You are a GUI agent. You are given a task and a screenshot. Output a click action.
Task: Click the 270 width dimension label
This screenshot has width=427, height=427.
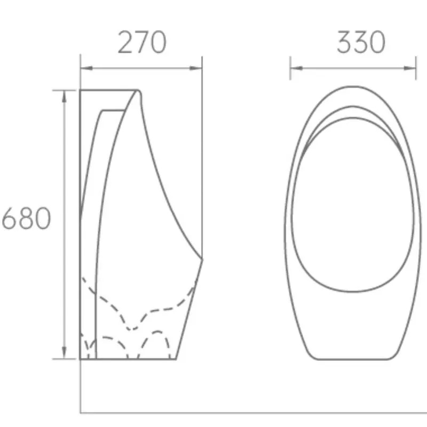point(141,43)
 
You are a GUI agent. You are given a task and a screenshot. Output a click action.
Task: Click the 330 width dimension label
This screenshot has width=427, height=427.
point(360,43)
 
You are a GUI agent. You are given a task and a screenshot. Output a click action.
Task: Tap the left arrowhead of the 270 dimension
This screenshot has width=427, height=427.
point(84,68)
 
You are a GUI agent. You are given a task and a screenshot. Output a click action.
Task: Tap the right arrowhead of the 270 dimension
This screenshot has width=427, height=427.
point(198,68)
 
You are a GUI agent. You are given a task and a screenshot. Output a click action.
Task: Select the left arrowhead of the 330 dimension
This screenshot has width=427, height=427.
point(295,68)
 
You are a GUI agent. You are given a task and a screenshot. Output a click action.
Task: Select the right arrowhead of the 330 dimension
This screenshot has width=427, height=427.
point(412,68)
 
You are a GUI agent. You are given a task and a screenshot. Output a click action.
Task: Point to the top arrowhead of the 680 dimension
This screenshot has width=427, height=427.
point(65,94)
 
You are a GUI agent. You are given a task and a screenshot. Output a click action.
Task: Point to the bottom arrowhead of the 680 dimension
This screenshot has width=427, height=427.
point(65,354)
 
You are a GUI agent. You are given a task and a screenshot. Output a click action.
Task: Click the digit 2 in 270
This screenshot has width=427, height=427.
point(126,43)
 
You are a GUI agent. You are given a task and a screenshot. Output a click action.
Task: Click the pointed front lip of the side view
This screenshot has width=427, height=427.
point(202,259)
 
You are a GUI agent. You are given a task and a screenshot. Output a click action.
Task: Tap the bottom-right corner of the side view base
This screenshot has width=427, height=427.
point(176,359)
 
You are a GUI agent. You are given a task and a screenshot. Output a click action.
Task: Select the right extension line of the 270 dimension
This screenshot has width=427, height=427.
point(202,160)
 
